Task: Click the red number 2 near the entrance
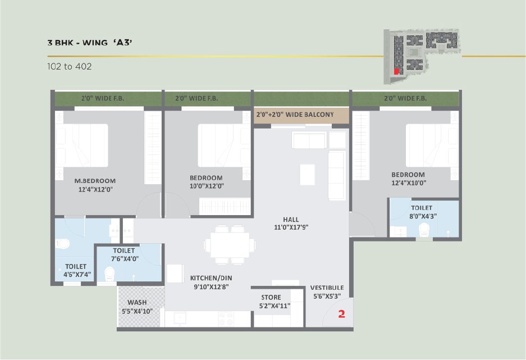pyautogui.click(x=341, y=314)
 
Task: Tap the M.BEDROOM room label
pyautogui.click(x=95, y=181)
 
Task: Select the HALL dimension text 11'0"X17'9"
pyautogui.click(x=291, y=227)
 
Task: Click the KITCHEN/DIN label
pyautogui.click(x=211, y=278)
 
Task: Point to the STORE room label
pyautogui.click(x=271, y=297)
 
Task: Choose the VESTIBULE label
pyautogui.click(x=327, y=288)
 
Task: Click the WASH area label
pyautogui.click(x=137, y=302)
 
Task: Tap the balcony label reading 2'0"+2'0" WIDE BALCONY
pyautogui.click(x=295, y=115)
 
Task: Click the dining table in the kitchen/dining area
pyautogui.click(x=230, y=244)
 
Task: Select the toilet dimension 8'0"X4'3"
pyautogui.click(x=423, y=216)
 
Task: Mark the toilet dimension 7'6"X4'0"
pyautogui.click(x=125, y=259)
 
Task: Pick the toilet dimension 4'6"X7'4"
pyautogui.click(x=77, y=275)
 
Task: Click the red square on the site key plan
pyautogui.click(x=396, y=71)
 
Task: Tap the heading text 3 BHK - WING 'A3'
pyautogui.click(x=90, y=43)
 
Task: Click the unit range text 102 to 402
pyautogui.click(x=70, y=66)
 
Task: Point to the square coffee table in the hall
pyautogui.click(x=307, y=175)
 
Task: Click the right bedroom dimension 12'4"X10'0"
pyautogui.click(x=409, y=183)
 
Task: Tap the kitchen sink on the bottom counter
pyautogui.click(x=180, y=319)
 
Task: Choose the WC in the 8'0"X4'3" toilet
pyautogui.click(x=425, y=230)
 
